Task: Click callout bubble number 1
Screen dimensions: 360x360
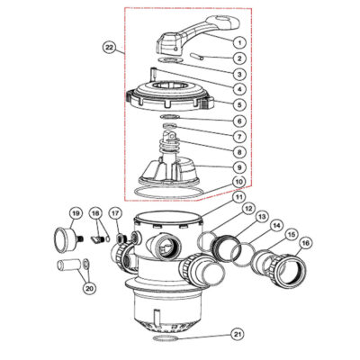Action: tap(239, 42)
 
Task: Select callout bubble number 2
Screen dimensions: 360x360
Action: tap(239, 58)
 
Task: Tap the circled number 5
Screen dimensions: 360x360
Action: tap(239, 104)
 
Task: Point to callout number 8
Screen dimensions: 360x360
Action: tap(239, 151)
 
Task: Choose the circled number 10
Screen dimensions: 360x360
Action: tap(239, 183)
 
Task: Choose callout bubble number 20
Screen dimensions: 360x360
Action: tap(88, 289)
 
